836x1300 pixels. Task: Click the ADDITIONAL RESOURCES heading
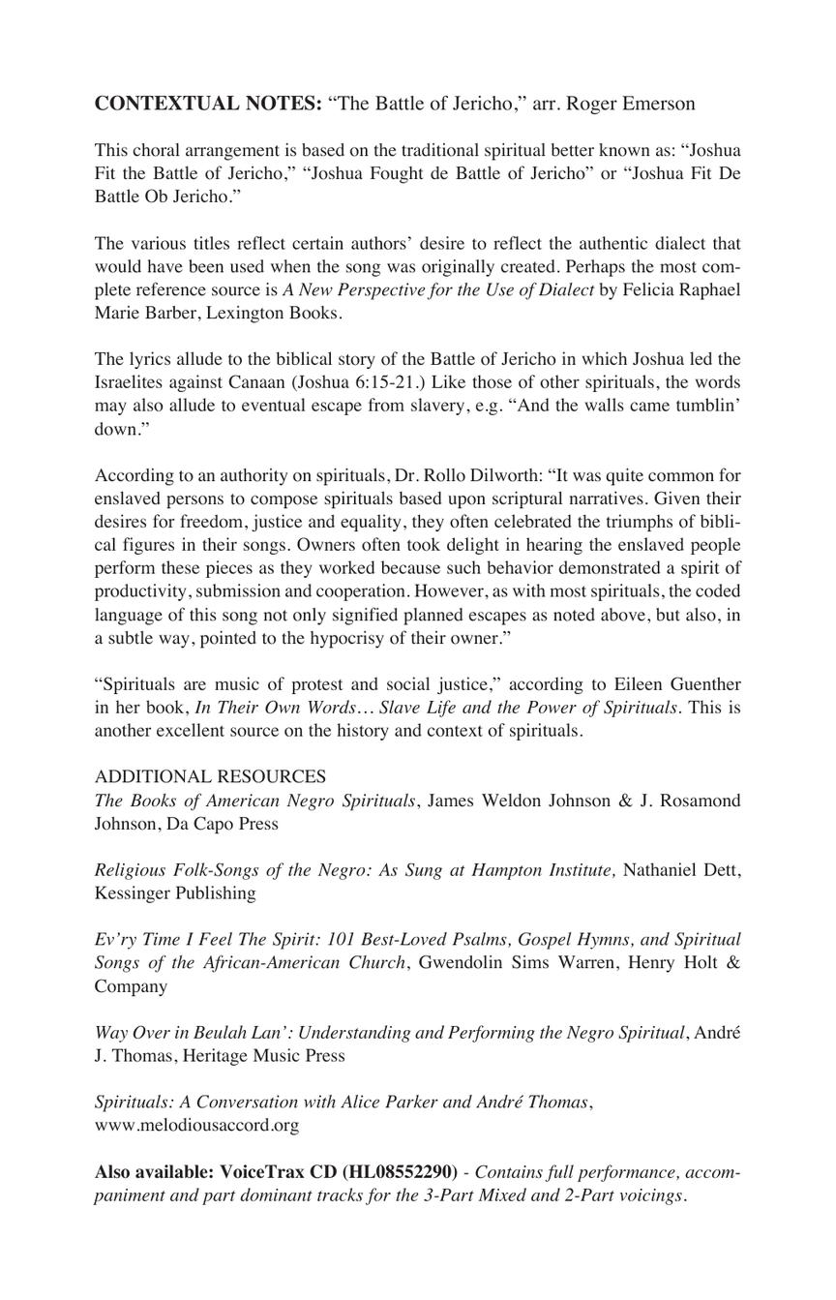point(210,777)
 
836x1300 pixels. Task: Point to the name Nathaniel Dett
point(682,870)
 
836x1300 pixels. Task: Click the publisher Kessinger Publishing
point(175,893)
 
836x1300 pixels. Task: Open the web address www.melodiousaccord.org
point(196,1125)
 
